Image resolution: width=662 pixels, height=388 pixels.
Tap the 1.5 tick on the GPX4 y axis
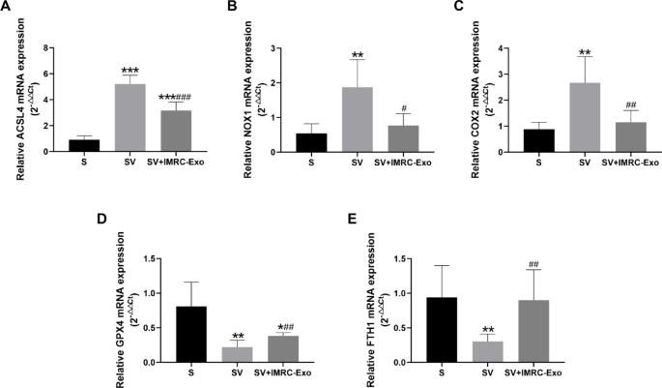[x=131, y=258]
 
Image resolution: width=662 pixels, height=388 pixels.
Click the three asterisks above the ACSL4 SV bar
[x=130, y=71]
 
